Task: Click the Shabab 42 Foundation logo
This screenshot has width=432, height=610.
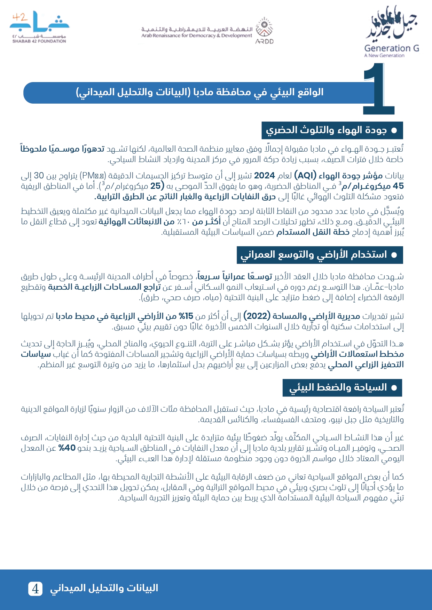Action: (39, 27)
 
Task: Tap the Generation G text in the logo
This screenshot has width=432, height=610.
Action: (391, 48)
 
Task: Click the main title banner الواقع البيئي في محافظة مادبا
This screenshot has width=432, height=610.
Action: (199, 93)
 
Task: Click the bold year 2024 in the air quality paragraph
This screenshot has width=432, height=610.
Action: (264, 176)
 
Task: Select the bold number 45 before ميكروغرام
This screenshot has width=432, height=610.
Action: (398, 186)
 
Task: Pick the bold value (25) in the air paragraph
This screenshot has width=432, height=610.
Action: (155, 186)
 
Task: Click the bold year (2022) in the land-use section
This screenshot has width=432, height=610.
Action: (257, 316)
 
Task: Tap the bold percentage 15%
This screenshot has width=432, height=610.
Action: (186, 316)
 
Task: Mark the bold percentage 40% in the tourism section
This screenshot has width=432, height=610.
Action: (67, 448)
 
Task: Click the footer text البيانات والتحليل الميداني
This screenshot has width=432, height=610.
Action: (104, 588)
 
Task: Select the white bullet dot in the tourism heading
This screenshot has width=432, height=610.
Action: (394, 388)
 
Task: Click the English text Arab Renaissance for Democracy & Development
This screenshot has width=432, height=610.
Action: (196, 35)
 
